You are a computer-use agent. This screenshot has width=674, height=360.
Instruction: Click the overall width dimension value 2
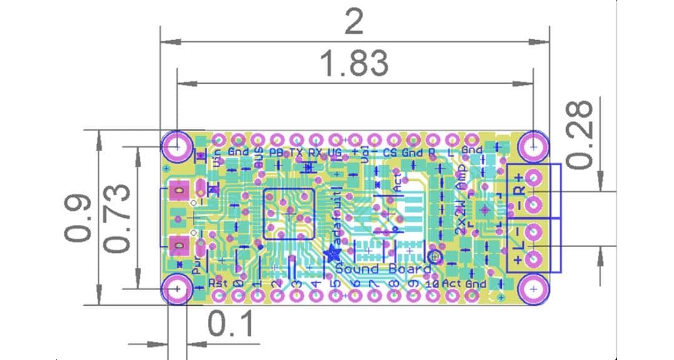click(354, 24)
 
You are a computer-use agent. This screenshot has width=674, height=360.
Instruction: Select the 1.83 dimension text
click(354, 64)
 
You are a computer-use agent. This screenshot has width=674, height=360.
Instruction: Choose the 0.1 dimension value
click(231, 324)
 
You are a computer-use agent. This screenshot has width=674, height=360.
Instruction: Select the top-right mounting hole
click(534, 147)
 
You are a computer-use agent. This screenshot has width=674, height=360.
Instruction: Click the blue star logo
click(331, 253)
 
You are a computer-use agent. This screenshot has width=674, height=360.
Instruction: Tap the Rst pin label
click(218, 283)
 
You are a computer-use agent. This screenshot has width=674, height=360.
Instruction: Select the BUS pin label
click(258, 159)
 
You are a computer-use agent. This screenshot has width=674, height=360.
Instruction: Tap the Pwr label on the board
click(196, 266)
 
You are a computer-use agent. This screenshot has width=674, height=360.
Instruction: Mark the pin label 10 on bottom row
click(431, 284)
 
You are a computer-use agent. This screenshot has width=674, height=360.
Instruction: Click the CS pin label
click(389, 152)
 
